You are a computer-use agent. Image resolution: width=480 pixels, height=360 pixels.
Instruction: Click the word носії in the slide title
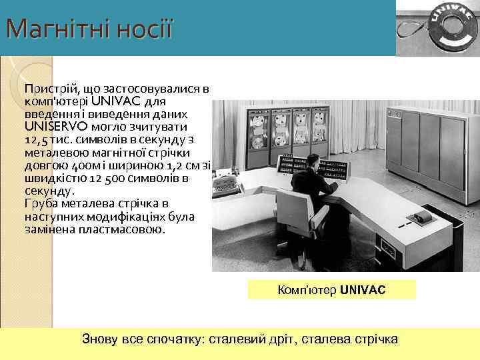pos(142,29)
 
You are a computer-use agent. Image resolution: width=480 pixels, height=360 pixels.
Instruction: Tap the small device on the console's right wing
pos(421,218)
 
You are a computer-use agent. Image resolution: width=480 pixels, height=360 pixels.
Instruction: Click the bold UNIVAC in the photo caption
pos(362,291)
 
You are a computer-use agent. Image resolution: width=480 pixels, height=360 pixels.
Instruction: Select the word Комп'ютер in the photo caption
pos(307,291)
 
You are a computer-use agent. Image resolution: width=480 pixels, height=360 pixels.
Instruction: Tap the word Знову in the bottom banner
pos(99,339)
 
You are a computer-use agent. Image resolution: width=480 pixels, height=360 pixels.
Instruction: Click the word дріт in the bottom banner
pos(279,339)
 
